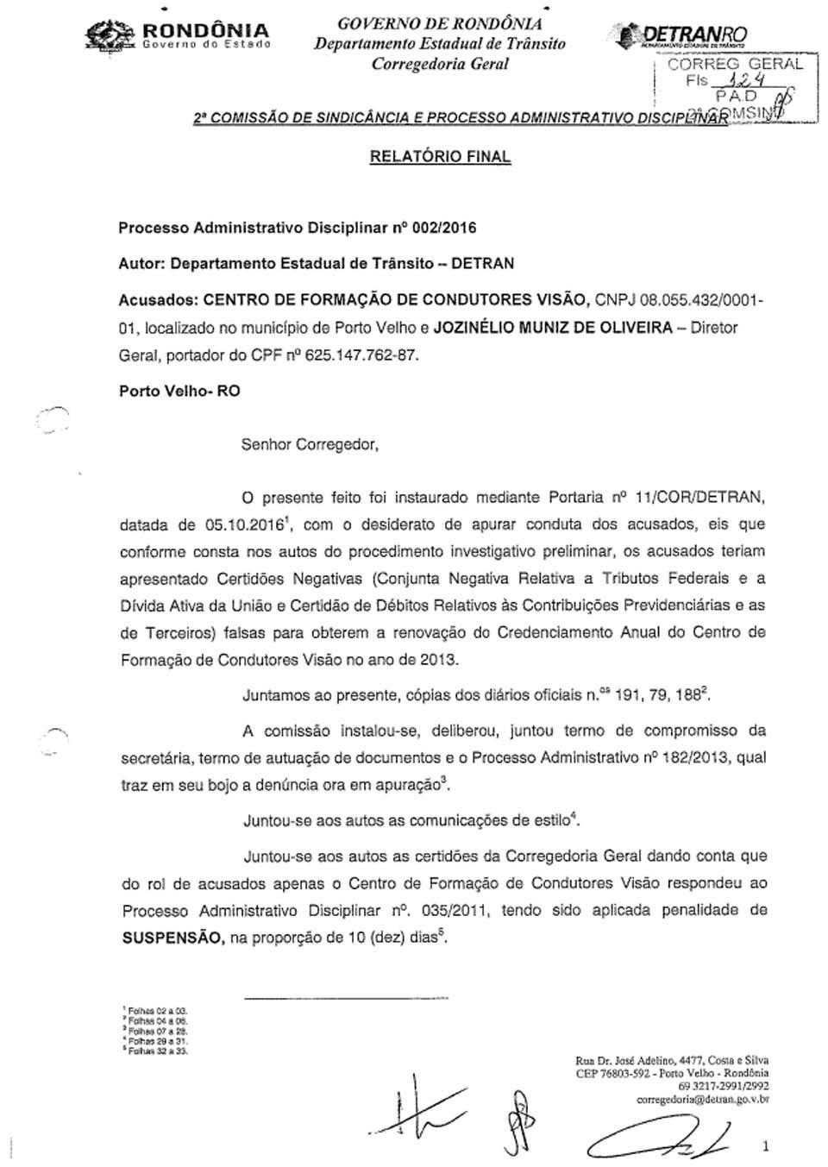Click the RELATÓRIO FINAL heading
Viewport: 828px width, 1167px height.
pos(440,157)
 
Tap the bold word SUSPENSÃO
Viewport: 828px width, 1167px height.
pos(171,938)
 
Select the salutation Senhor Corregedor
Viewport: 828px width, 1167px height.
pos(310,445)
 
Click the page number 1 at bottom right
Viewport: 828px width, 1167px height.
pos(765,1145)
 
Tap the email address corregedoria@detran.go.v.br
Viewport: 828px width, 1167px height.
pos(702,1100)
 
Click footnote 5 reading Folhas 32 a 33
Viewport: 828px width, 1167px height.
pos(156,1051)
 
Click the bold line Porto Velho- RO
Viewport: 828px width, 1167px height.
pos(179,391)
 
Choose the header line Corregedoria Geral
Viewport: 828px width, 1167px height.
pos(440,64)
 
